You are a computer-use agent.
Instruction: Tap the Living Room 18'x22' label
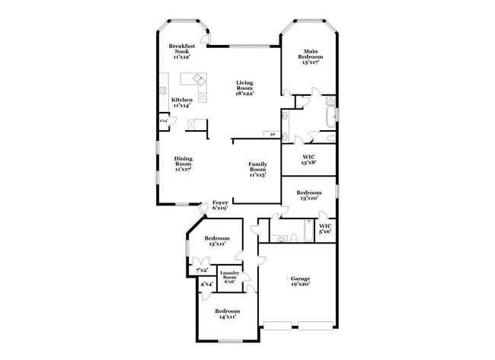pos(244,88)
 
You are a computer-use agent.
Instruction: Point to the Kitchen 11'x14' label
pos(181,103)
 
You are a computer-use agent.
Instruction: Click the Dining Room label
pos(183,164)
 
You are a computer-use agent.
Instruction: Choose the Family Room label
pos(258,169)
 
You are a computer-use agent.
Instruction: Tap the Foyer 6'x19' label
pos(220,205)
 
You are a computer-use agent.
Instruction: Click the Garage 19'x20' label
pos(300,281)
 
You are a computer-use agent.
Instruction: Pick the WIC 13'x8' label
pos(308,160)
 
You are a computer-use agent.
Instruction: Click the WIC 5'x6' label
pos(324,228)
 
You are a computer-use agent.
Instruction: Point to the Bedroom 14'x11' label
pos(226,314)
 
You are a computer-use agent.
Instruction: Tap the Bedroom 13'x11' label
pos(217,241)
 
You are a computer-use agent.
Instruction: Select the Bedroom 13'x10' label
pos(308,196)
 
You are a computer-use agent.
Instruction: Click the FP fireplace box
pos(273,135)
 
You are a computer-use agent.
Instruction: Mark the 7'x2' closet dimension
pos(202,270)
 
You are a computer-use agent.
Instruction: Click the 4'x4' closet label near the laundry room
pos(206,285)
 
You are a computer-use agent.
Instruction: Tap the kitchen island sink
pos(199,78)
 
